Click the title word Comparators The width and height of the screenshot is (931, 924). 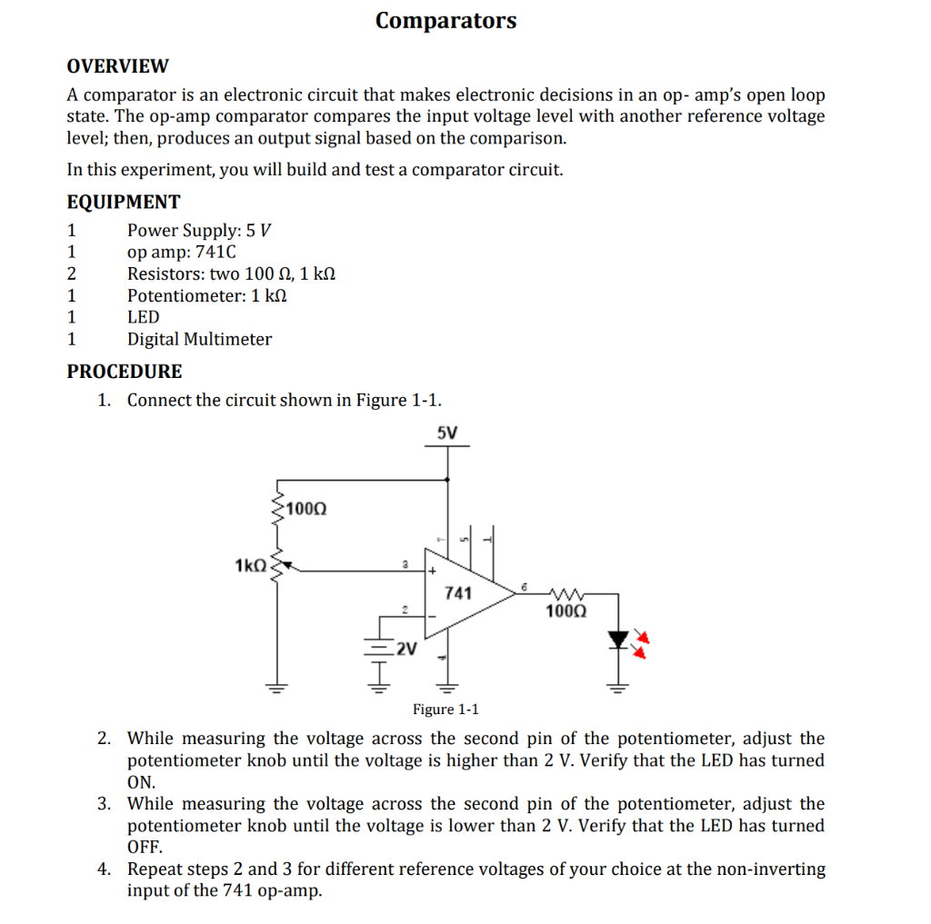point(445,20)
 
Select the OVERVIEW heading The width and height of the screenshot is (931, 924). point(117,66)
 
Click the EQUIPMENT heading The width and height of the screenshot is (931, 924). point(124,202)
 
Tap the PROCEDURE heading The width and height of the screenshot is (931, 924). point(125,371)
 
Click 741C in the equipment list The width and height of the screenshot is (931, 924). point(215,252)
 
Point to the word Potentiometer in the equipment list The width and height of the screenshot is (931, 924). point(186,295)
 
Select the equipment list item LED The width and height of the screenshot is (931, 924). point(143,317)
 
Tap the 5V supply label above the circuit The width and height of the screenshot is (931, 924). point(447,433)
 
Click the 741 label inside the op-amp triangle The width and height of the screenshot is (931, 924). point(458,593)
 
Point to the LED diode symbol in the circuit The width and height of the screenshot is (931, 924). point(618,641)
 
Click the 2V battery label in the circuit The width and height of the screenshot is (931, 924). point(405,649)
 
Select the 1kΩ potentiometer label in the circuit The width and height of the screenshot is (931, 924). point(250,565)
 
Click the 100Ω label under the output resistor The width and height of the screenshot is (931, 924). point(566,611)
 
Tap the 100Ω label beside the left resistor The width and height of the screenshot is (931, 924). point(305,508)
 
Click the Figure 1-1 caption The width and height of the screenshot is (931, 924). point(445,709)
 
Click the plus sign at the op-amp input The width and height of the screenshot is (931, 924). point(434,571)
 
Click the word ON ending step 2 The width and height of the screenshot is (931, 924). point(141,782)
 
